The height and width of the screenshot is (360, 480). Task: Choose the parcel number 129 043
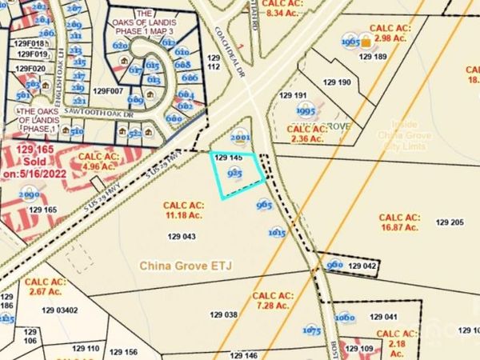182,236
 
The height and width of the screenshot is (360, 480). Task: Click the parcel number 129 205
450,222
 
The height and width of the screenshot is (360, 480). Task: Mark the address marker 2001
239,135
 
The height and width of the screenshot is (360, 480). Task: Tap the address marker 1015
278,233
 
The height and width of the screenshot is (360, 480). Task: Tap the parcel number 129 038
225,315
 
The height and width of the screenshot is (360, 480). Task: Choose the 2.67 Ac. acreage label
43,287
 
